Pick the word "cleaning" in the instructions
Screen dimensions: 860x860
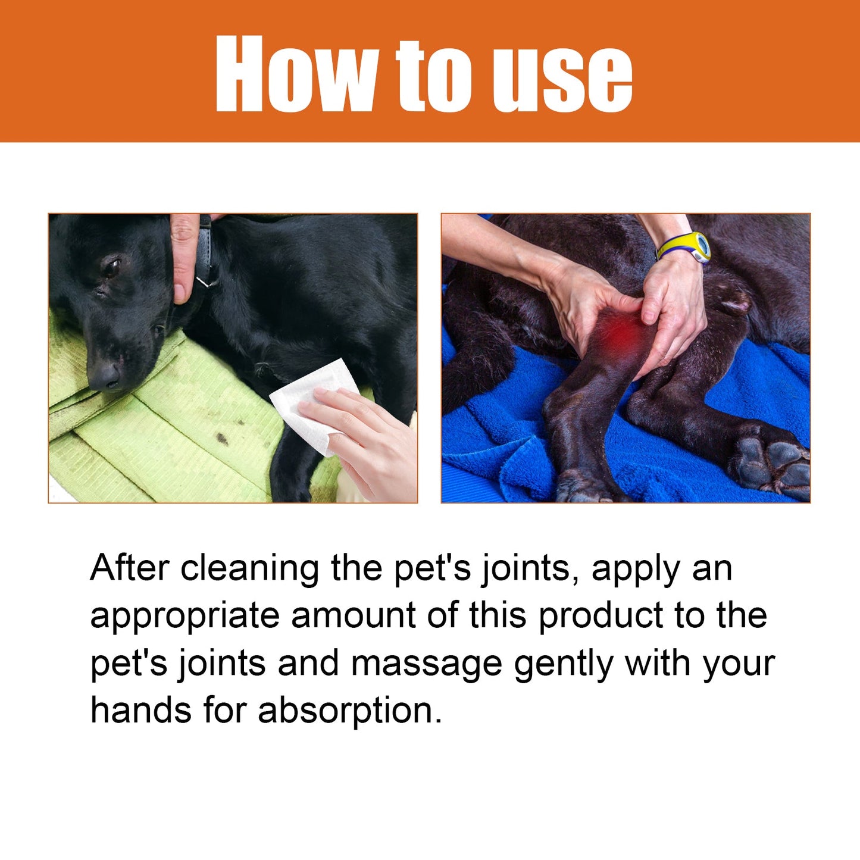coord(250,569)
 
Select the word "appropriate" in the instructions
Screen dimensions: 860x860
coord(184,617)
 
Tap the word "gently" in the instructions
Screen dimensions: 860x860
coord(563,664)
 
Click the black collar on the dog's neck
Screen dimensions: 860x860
coord(206,250)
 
